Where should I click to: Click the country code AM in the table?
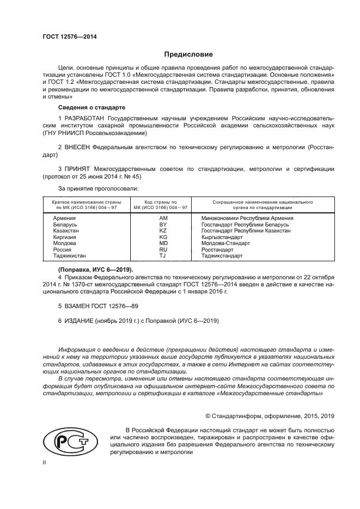tap(162, 218)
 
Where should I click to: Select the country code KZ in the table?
tap(162, 231)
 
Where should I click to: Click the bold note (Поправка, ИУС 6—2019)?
tap(95, 269)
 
